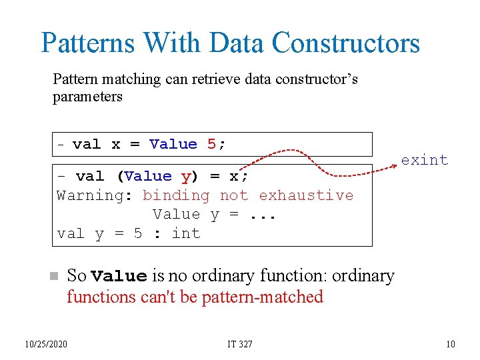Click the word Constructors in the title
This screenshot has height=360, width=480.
tap(346, 43)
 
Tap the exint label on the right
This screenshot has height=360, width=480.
tap(424, 160)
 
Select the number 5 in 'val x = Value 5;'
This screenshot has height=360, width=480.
tap(211, 144)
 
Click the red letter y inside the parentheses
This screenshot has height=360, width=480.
tap(185, 176)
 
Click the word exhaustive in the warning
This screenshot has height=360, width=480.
tap(306, 195)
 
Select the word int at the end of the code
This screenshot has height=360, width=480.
tap(186, 233)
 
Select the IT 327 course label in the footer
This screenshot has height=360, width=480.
tap(240, 344)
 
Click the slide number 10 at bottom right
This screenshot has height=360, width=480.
tap(451, 344)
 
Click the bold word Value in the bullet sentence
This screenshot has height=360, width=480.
tap(119, 276)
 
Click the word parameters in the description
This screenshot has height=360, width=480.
tap(87, 97)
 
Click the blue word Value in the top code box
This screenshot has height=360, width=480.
tap(173, 144)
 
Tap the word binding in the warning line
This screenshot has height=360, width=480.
tap(176, 195)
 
